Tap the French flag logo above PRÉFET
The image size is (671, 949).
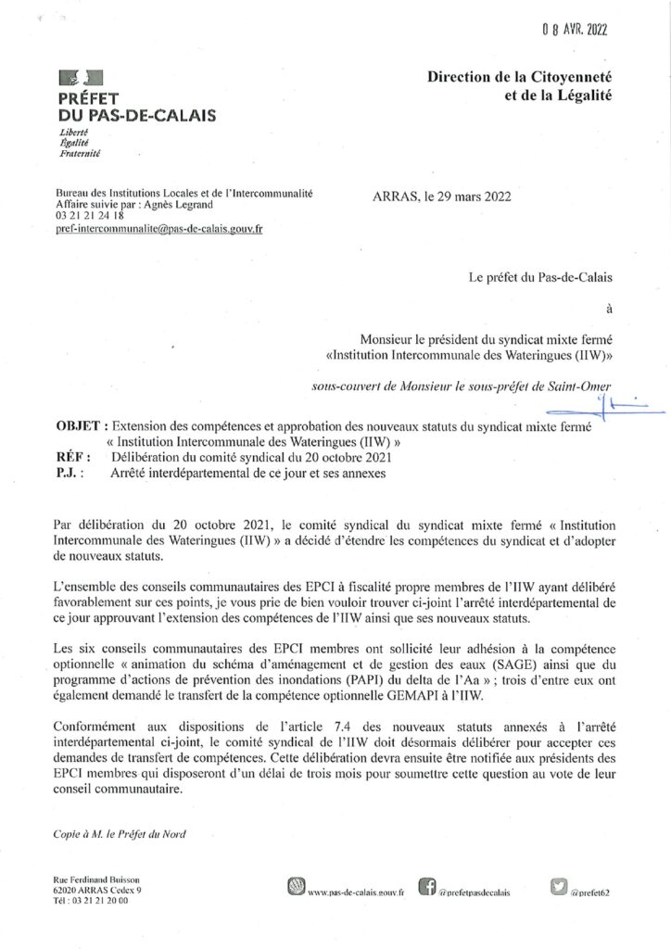pos(82,81)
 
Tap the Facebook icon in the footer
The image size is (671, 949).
pos(427,888)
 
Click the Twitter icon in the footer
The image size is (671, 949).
pos(557,887)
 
